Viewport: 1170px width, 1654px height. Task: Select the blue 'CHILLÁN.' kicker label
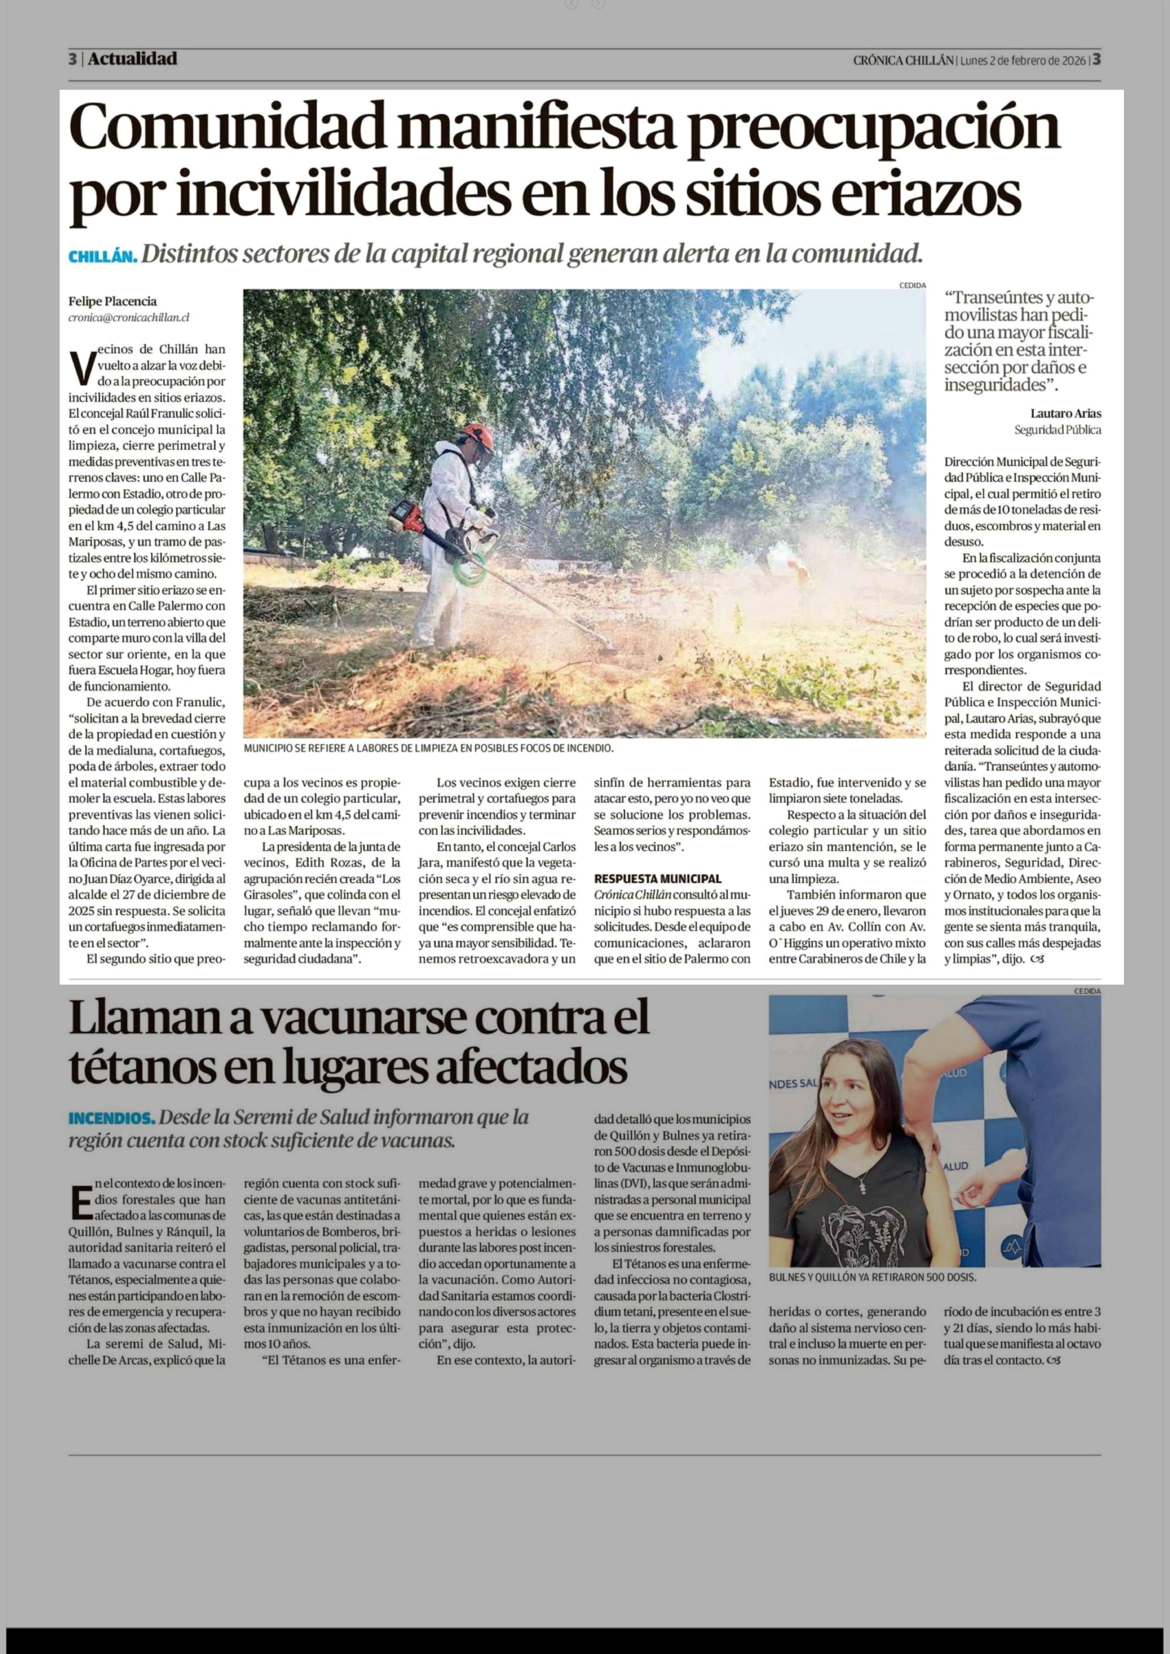click(102, 257)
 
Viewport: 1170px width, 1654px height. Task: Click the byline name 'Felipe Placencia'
click(112, 301)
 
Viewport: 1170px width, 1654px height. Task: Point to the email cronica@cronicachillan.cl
click(129, 317)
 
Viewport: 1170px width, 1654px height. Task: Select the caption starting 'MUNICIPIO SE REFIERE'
click(428, 748)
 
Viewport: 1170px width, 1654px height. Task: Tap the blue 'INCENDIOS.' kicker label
click(111, 1118)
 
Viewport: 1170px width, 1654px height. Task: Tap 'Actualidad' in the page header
click(133, 59)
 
